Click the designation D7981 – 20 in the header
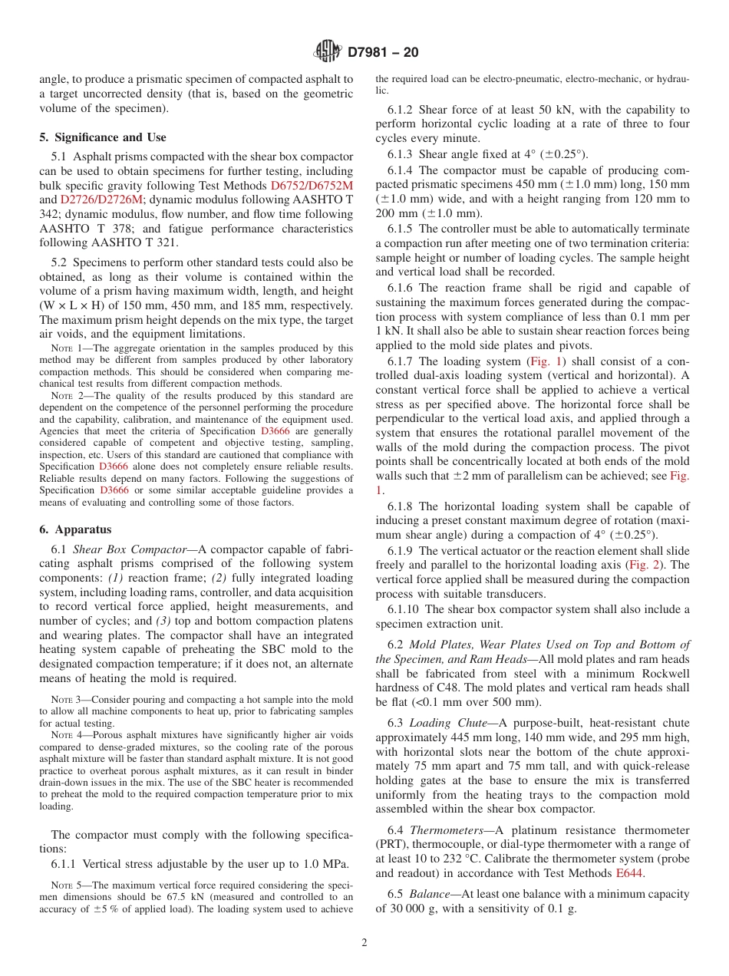tap(383, 53)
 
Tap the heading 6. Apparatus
tap(75, 529)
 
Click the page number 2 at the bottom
tap(364, 943)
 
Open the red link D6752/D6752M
tap(312, 186)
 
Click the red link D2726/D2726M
tap(96, 199)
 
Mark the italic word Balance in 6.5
tap(430, 894)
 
